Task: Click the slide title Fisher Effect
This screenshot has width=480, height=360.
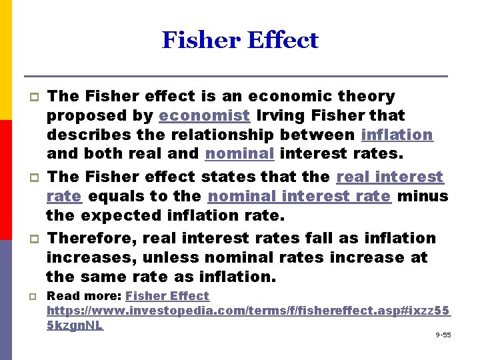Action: point(240,41)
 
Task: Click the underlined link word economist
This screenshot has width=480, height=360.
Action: point(205,115)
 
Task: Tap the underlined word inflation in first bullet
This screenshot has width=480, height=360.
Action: point(397,135)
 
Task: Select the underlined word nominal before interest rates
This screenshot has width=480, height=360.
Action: point(239,154)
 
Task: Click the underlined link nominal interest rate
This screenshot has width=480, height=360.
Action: point(299,196)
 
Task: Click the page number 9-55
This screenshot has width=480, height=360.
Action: point(443,335)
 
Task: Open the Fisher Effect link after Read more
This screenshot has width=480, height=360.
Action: point(167,296)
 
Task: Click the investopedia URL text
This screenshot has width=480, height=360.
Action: point(248,311)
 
